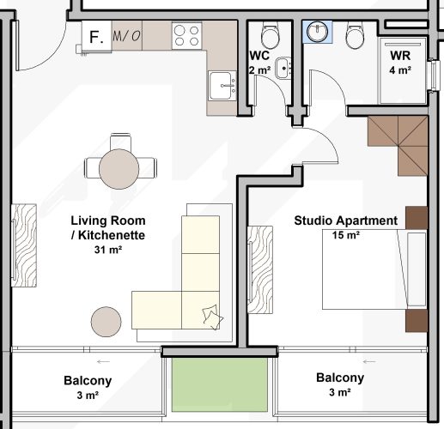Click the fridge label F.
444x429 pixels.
(x=96, y=36)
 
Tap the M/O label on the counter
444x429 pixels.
(x=126, y=36)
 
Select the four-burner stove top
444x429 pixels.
(x=186, y=35)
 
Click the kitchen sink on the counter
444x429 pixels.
(x=222, y=84)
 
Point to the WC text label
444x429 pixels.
(x=259, y=56)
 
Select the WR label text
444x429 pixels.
(x=401, y=56)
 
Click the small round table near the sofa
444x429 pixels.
(x=107, y=322)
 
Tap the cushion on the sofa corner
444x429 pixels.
(x=209, y=316)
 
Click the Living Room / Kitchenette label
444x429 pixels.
(x=108, y=227)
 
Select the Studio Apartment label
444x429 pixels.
(x=346, y=221)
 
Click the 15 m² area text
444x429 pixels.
(x=346, y=234)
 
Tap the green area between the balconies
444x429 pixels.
(x=219, y=384)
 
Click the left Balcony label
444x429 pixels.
(x=88, y=380)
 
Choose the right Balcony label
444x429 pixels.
(x=340, y=378)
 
